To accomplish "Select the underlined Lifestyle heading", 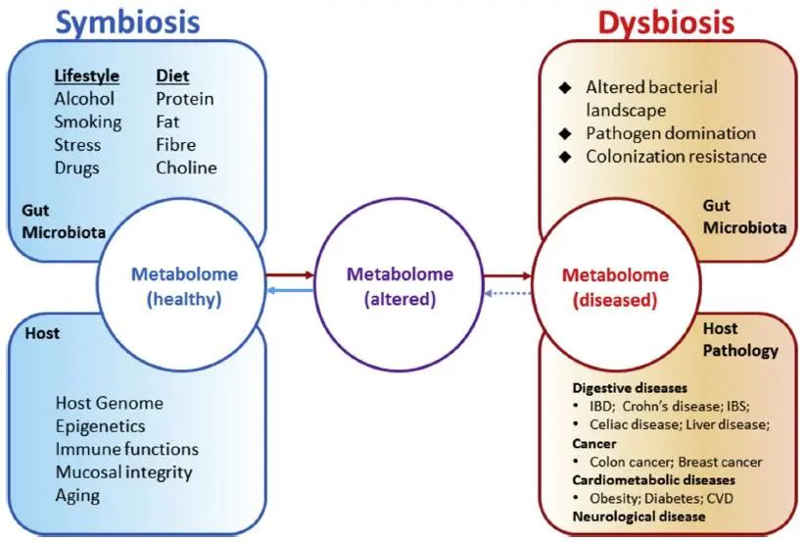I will pos(86,75).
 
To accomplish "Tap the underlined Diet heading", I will pos(172,75).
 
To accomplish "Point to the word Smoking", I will pos(88,122).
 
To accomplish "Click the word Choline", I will pos(186,168).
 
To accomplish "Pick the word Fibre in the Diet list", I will pos(177,145).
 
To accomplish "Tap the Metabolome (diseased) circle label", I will pos(615,287).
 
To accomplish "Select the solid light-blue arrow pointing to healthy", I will pos(291,291).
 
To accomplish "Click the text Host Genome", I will pos(109,403).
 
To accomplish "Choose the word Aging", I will pos(77,495).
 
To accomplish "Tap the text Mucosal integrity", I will pos(123,472).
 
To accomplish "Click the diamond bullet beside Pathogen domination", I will pos(564,133).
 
